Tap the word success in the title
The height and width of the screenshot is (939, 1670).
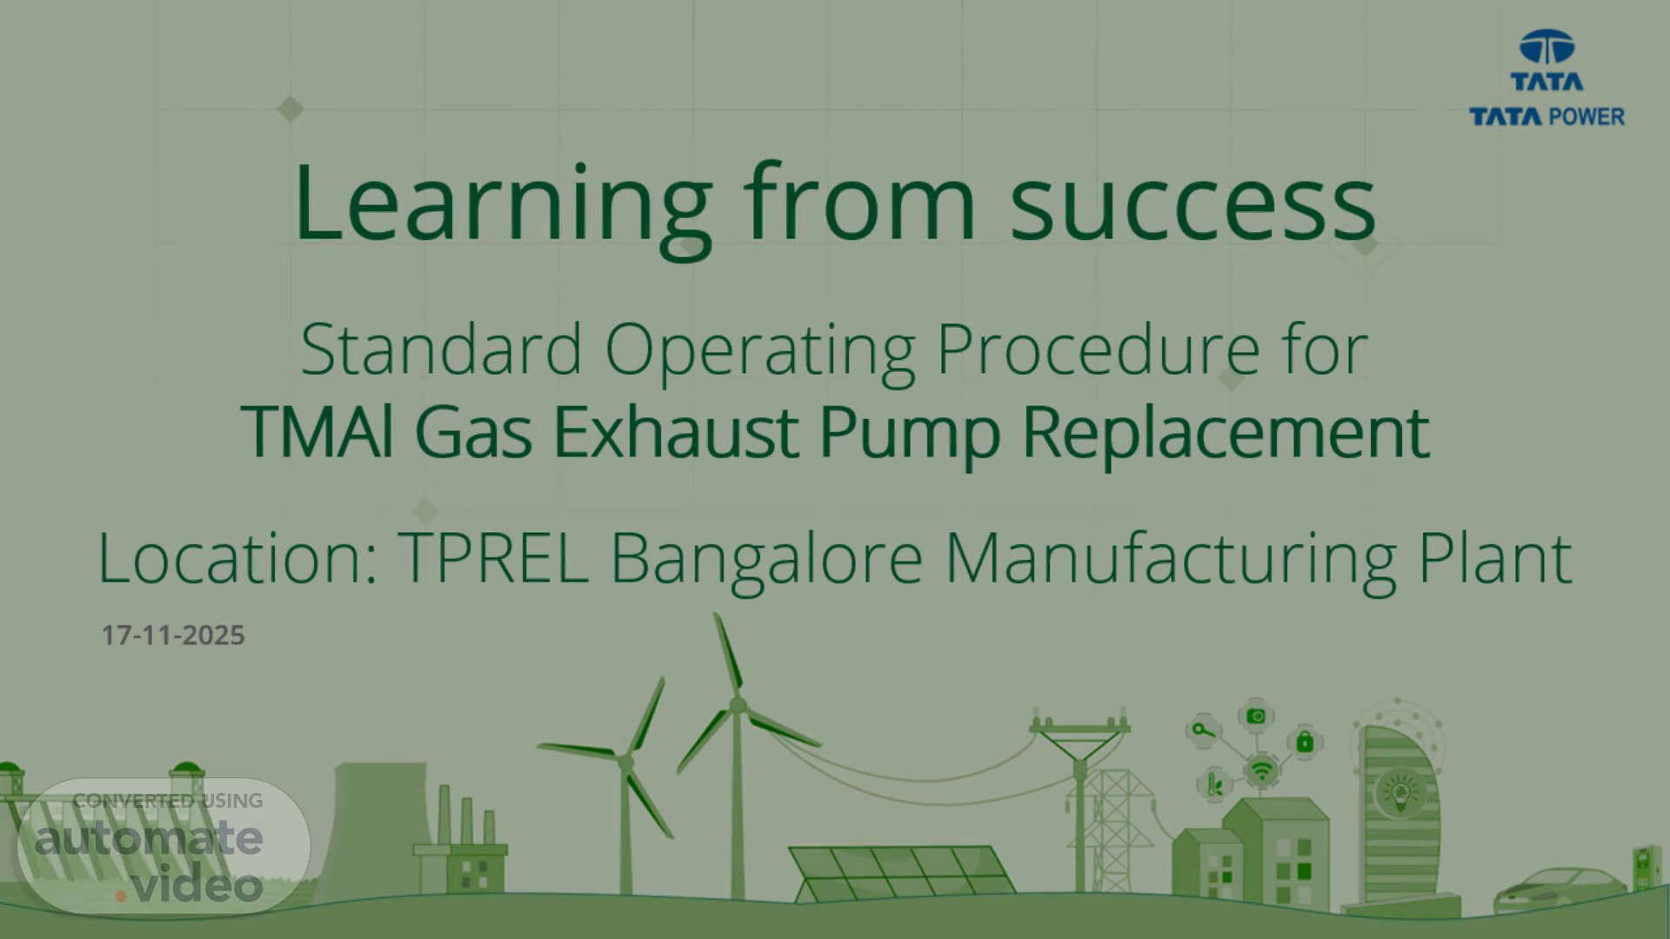click(1192, 205)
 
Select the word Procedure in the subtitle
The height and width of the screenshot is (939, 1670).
click(1098, 350)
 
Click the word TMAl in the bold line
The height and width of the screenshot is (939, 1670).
click(317, 431)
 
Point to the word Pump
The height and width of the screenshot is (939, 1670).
click(910, 434)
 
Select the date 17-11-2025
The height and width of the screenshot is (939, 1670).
click(173, 636)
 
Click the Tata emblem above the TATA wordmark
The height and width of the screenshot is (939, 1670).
click(1546, 48)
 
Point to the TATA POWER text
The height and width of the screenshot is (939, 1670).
click(1546, 117)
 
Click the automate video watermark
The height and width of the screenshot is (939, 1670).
click(164, 847)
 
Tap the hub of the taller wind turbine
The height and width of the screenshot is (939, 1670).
click(738, 704)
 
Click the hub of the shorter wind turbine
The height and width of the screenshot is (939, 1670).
click(625, 763)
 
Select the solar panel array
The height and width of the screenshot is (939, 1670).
click(902, 872)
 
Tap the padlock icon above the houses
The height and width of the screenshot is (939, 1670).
click(1304, 743)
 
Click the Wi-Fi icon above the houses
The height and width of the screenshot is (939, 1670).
click(1260, 770)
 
